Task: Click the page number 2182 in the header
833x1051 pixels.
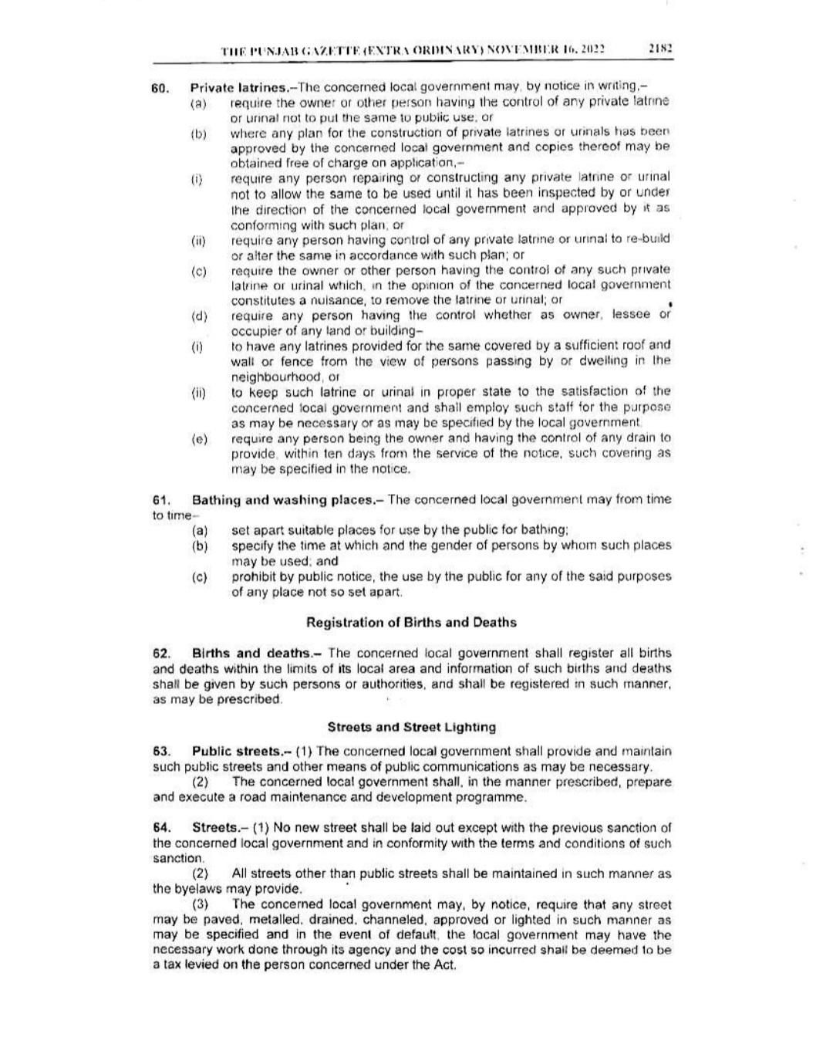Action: tap(661, 48)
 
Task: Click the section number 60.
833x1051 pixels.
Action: tap(160, 87)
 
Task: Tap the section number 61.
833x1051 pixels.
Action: tap(161, 500)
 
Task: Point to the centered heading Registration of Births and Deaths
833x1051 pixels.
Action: tap(411, 622)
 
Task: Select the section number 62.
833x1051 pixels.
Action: tap(161, 653)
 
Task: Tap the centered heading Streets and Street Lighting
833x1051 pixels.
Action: tap(411, 727)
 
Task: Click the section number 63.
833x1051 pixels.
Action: tap(161, 751)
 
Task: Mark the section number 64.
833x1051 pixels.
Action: tap(161, 828)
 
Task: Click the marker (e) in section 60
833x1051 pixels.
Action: tap(200, 439)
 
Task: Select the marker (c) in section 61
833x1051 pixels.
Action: tap(200, 577)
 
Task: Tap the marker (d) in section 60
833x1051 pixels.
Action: tap(200, 316)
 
